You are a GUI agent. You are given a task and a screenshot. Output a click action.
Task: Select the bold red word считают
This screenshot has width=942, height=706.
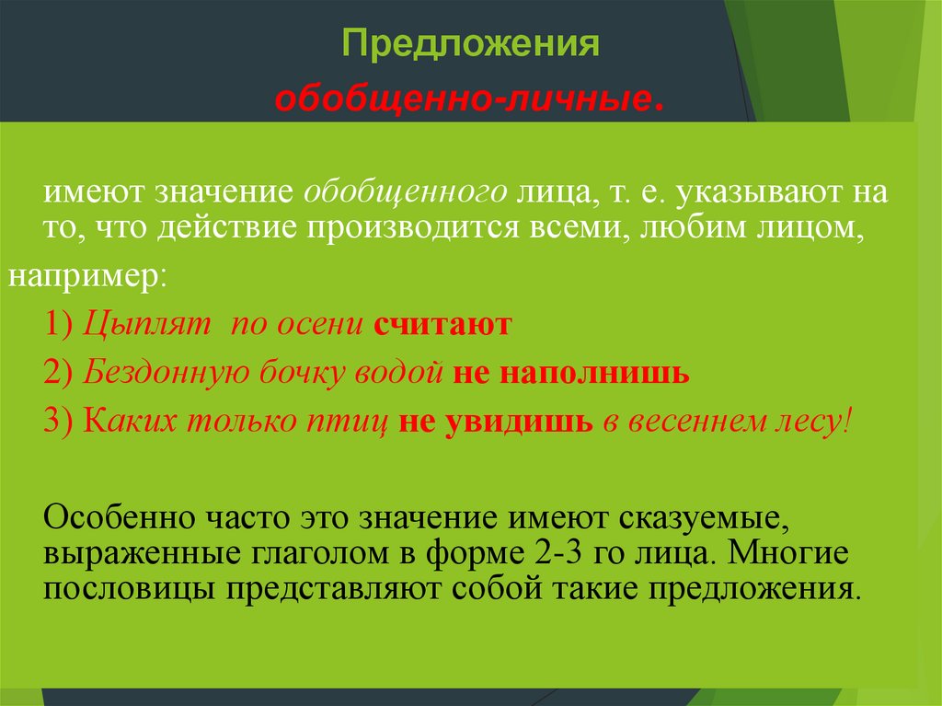pyautogui.click(x=442, y=325)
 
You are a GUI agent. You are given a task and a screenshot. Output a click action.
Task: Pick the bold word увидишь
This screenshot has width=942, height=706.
pyautogui.click(x=523, y=422)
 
